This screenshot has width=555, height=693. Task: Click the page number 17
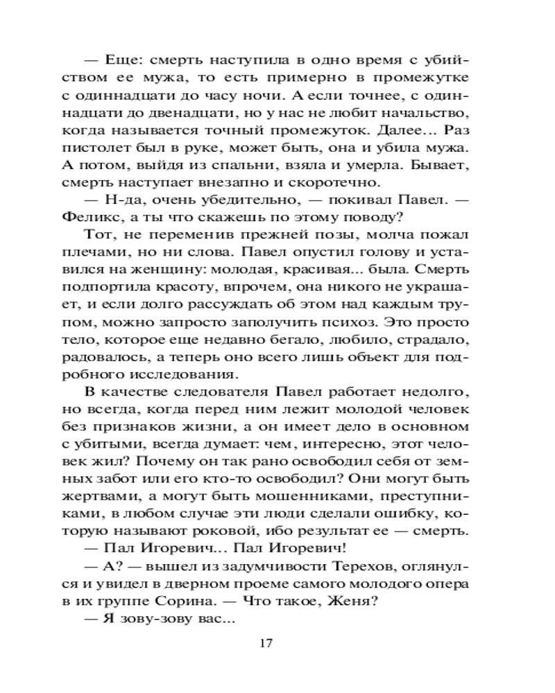(x=264, y=642)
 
